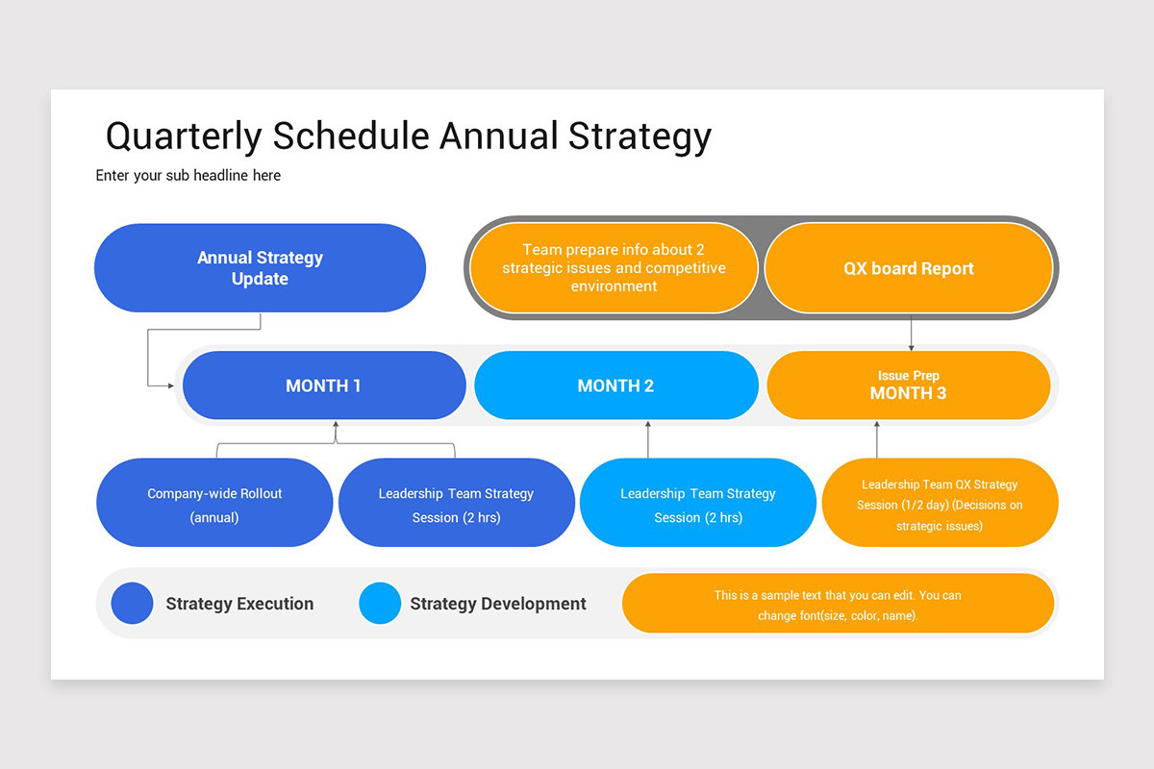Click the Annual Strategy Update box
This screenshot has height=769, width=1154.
point(261,268)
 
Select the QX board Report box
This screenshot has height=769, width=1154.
point(908,268)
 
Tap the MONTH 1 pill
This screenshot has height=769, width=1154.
point(324,385)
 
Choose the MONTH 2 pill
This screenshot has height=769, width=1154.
point(616,385)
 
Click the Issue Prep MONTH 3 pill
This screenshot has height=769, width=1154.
point(908,385)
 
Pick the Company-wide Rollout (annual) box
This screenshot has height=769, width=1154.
point(214,503)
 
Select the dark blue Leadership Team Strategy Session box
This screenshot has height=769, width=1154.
point(457,503)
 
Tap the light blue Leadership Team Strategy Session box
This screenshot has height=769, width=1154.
point(698,503)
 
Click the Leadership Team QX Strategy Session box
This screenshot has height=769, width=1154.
point(940,503)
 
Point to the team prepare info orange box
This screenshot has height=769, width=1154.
point(614,268)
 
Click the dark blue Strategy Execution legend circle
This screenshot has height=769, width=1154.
point(132,603)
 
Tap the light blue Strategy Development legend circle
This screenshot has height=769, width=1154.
point(380,603)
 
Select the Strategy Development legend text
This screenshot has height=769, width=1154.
point(498,604)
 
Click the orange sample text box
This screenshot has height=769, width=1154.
point(838,603)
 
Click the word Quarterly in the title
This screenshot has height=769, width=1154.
point(184,136)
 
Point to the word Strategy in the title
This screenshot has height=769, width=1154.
point(640,136)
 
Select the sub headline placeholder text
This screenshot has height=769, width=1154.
point(188,175)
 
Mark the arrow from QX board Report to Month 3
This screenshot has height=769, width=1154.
point(911,333)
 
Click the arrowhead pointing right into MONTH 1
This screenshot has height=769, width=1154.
point(170,385)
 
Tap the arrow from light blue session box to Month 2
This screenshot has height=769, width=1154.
point(648,439)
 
